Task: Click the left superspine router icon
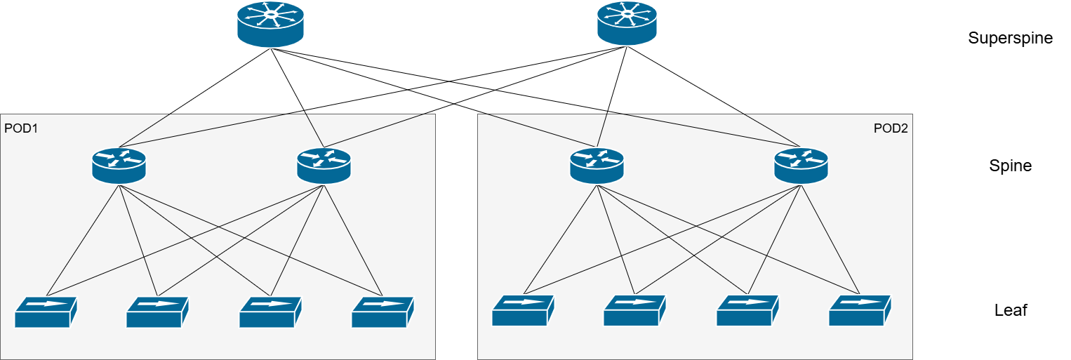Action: [x=270, y=25]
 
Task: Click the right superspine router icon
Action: [x=627, y=24]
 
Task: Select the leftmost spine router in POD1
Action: [x=119, y=166]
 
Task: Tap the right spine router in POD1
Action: [x=324, y=166]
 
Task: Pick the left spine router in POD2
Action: [x=597, y=166]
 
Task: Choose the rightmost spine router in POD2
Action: [x=801, y=166]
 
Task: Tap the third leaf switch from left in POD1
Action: [x=270, y=312]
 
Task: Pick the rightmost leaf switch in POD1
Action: [x=382, y=312]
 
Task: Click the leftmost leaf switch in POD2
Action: [x=523, y=312]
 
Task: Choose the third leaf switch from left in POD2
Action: [x=747, y=312]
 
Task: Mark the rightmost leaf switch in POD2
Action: [x=860, y=312]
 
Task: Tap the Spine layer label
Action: [x=1010, y=166]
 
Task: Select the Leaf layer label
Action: [x=1011, y=310]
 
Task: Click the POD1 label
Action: [x=22, y=128]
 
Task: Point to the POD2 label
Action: [x=891, y=128]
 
